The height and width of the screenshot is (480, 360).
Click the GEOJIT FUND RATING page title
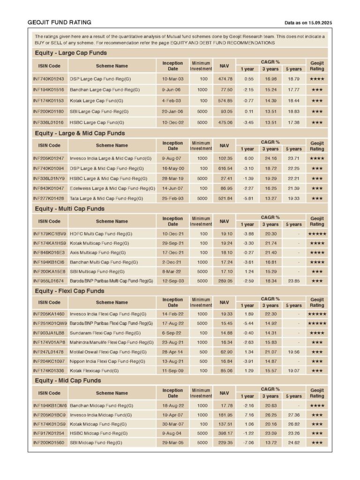(x=59, y=22)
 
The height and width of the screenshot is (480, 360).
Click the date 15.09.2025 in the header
(x=322, y=23)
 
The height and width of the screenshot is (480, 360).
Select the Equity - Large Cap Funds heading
(x=71, y=53)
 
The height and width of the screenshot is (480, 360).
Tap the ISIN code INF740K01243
(x=49, y=79)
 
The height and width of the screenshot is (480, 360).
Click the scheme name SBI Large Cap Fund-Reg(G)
(x=99, y=112)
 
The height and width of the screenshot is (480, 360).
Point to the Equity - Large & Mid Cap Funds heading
(x=80, y=133)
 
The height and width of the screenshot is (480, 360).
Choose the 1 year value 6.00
(x=249, y=158)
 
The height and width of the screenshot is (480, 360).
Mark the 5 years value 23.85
(x=294, y=281)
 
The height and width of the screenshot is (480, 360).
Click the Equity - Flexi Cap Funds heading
(x=69, y=291)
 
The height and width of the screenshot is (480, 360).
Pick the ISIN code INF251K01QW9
(x=50, y=323)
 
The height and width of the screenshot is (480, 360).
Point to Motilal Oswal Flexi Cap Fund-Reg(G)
(x=108, y=352)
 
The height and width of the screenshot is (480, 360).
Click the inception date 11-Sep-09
(x=172, y=370)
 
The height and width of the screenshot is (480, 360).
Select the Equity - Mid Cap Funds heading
(x=67, y=380)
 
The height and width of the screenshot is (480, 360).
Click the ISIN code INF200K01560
(x=49, y=442)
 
